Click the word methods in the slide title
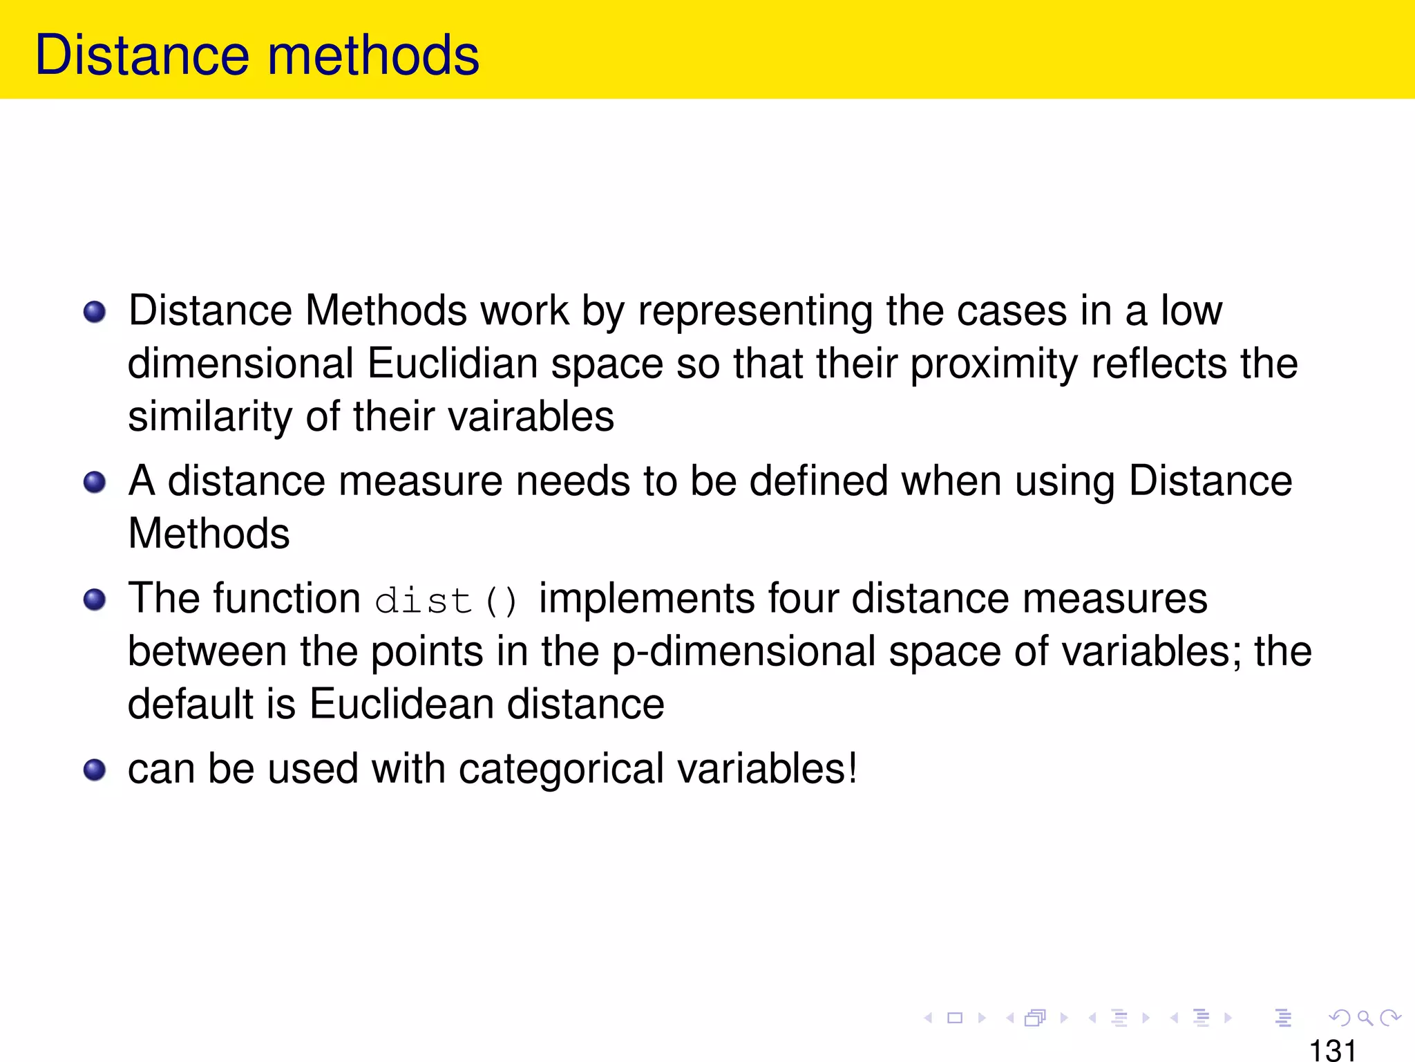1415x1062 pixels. coord(373,55)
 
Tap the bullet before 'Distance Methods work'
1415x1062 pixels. coord(95,312)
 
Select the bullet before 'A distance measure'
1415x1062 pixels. coord(95,482)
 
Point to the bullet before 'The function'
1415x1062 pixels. coord(95,599)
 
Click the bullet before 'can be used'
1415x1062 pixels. coord(95,770)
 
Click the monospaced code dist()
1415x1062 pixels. coord(446,600)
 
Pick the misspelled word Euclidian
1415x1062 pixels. coord(452,364)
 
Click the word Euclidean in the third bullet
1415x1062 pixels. coord(401,704)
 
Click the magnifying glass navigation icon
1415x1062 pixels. coord(1365,1018)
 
